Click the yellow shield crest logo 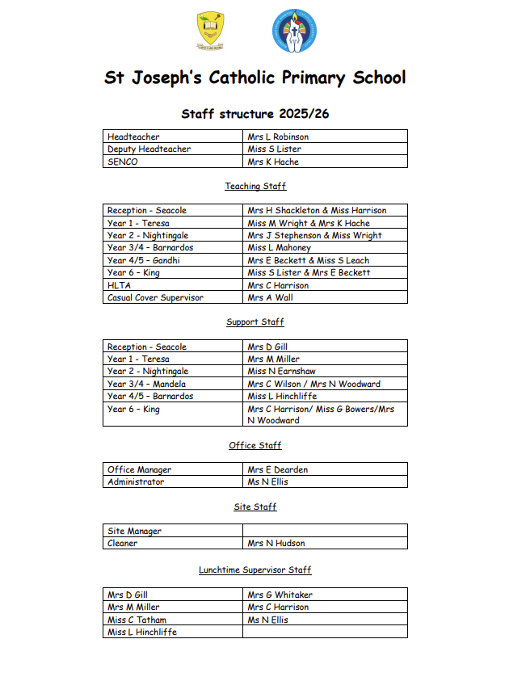click(211, 31)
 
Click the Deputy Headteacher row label click(149, 149)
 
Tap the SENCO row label click(123, 162)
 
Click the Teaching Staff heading click(255, 187)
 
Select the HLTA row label click(119, 285)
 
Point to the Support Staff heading click(255, 322)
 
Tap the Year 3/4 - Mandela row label click(146, 384)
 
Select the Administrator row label click(136, 481)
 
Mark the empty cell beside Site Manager click(325, 531)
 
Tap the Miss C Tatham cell click(137, 620)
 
